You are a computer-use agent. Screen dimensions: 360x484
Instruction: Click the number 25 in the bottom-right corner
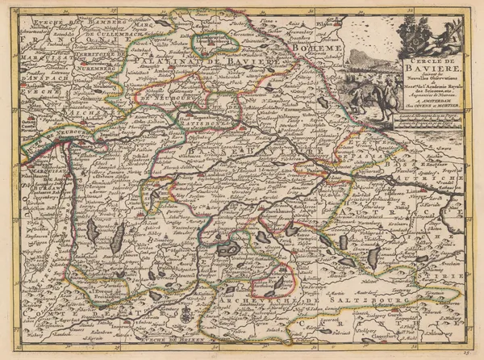[x=472, y=353]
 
